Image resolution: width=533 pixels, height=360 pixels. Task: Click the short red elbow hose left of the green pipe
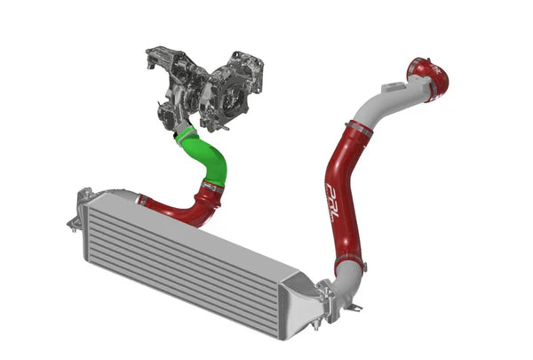[173, 210]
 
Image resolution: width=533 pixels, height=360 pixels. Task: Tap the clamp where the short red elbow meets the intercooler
[142, 203]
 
